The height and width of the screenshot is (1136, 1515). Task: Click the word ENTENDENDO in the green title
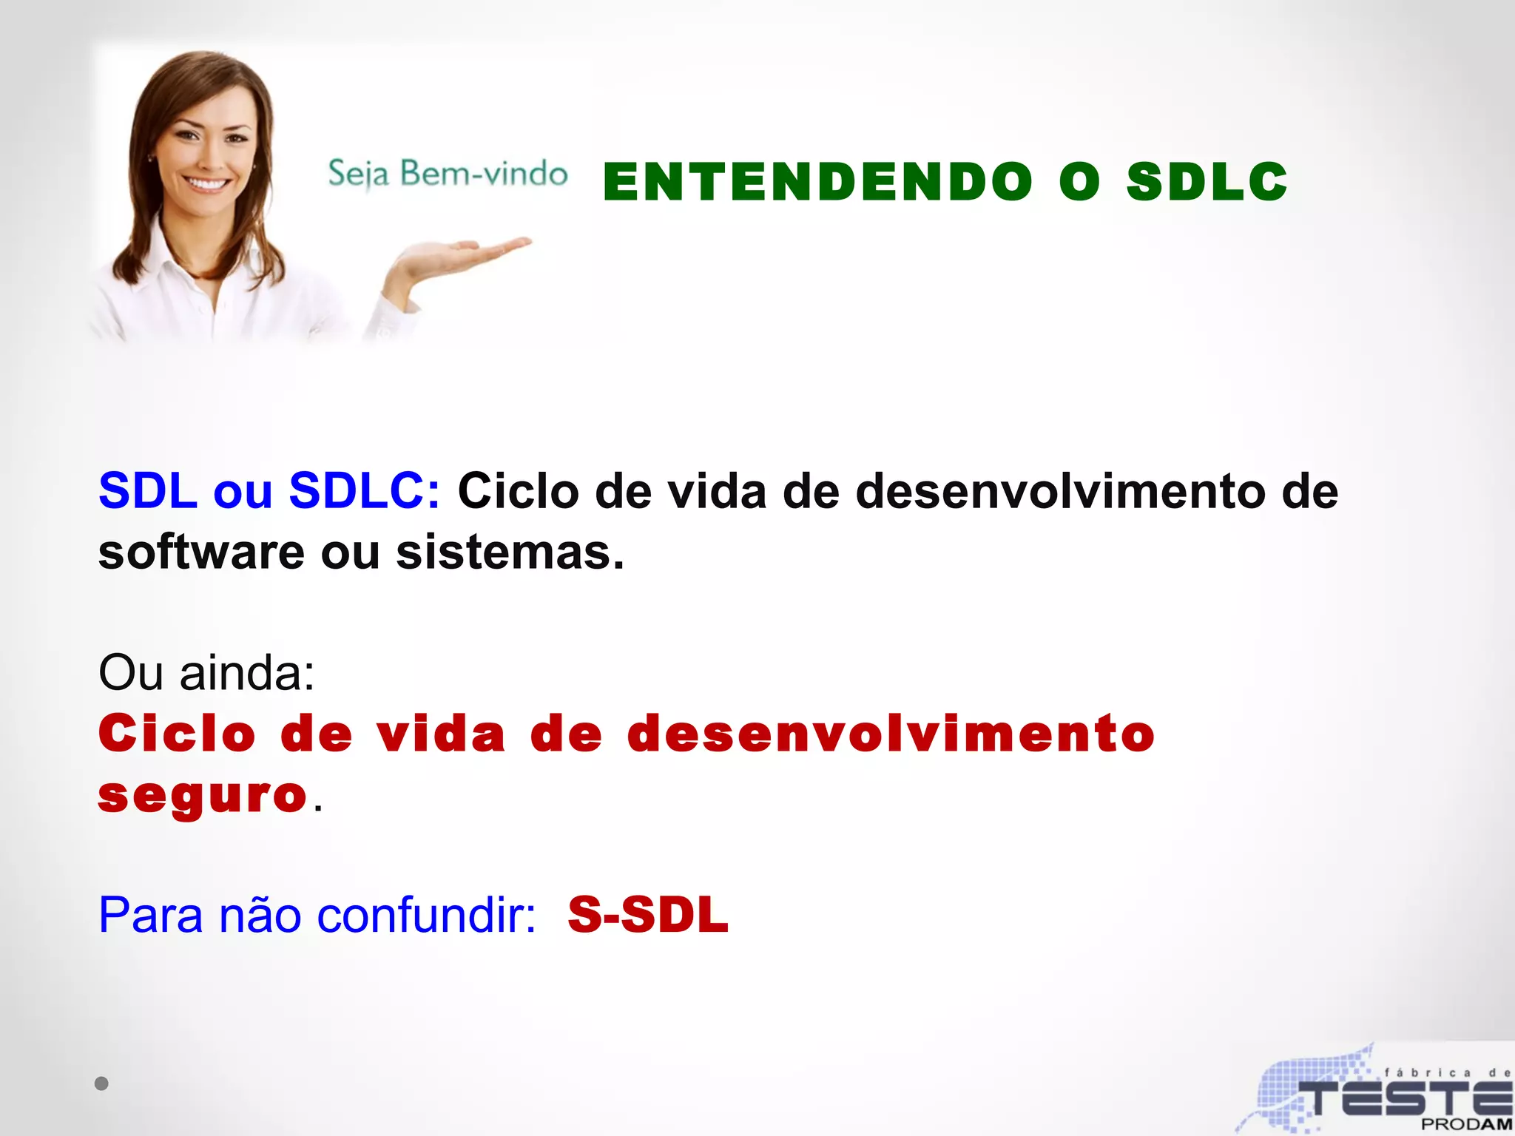[817, 182]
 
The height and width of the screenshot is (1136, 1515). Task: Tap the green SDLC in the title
[1207, 182]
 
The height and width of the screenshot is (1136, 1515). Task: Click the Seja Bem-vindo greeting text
[448, 175]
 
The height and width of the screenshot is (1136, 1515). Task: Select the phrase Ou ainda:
[206, 673]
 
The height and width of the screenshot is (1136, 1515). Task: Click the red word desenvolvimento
[891, 734]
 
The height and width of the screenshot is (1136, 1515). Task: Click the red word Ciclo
[177, 734]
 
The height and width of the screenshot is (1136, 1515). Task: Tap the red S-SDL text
[648, 915]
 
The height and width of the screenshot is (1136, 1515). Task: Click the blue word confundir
[425, 916]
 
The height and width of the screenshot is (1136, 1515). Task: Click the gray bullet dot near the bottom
[101, 1083]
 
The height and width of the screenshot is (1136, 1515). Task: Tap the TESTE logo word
[1406, 1098]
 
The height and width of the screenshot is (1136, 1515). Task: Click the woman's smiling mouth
[206, 183]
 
